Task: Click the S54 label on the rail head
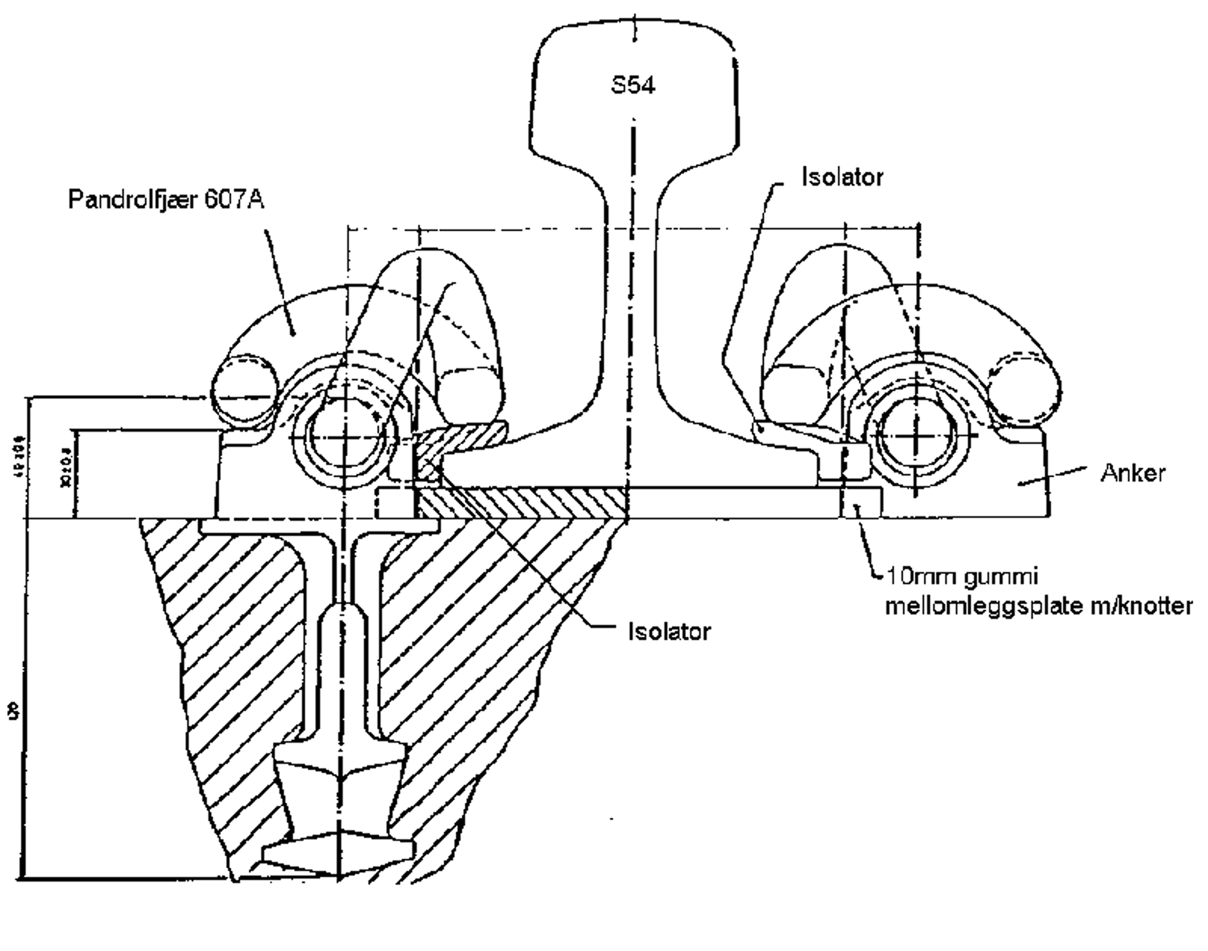tap(633, 85)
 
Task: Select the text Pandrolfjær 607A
tap(166, 200)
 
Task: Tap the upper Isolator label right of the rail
tap(842, 177)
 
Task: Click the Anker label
tap(1132, 472)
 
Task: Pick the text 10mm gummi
tap(962, 577)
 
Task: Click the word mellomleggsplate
tap(982, 605)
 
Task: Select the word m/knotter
tap(1142, 605)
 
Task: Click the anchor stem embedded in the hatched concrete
tap(344, 664)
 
